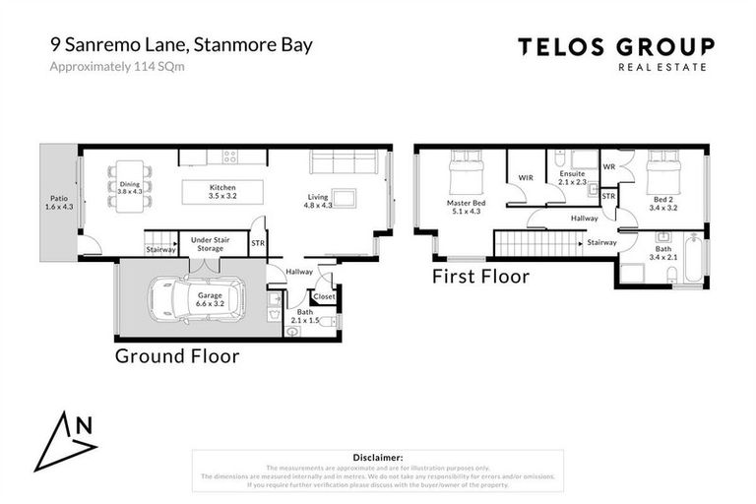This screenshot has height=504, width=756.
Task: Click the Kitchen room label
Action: pos(222,190)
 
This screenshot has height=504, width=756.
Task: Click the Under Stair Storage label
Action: pos(210,244)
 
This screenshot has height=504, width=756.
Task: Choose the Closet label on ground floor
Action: pos(324,295)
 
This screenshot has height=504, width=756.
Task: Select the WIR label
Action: pos(526,178)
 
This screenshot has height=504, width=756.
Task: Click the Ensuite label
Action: pos(572,177)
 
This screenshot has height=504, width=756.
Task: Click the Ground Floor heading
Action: pos(177,355)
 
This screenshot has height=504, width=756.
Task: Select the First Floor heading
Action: pos(480,277)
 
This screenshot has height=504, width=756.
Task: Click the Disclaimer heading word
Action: pos(377,458)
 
